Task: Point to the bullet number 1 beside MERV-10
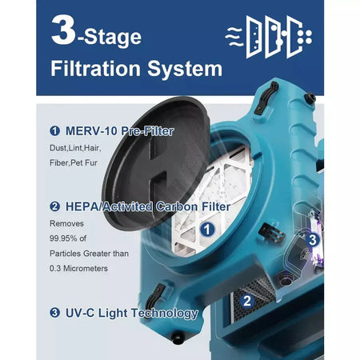[x=54, y=130]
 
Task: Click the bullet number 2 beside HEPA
[x=54, y=206]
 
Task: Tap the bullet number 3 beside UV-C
[x=54, y=313]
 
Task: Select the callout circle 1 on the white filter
[x=207, y=229]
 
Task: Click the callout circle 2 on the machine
[x=246, y=301]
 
